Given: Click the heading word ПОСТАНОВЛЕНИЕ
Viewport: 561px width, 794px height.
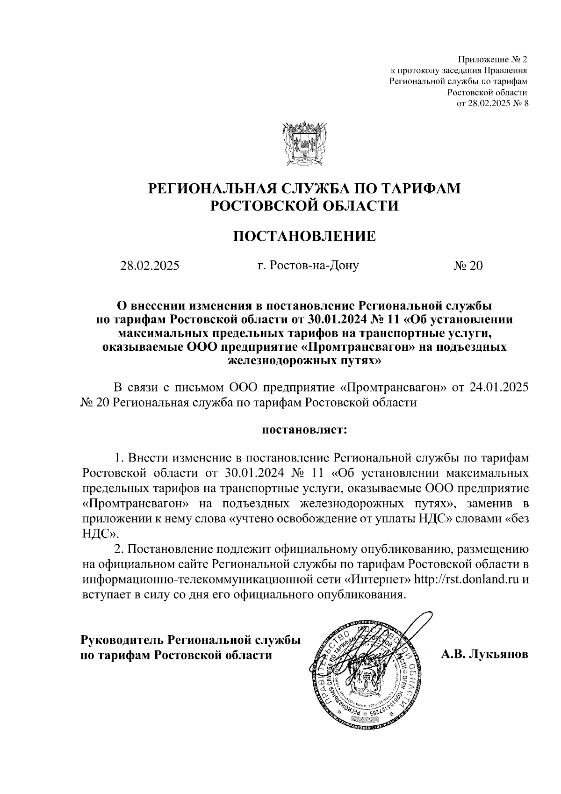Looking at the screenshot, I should (x=304, y=236).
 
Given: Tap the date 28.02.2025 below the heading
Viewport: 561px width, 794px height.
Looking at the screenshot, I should (x=150, y=266).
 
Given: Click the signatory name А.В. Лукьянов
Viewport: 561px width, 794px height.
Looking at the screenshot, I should (x=484, y=654).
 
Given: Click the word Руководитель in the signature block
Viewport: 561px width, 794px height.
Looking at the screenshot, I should (x=122, y=640).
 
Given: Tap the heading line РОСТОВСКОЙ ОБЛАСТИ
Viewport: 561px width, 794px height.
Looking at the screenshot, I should (x=304, y=206).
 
